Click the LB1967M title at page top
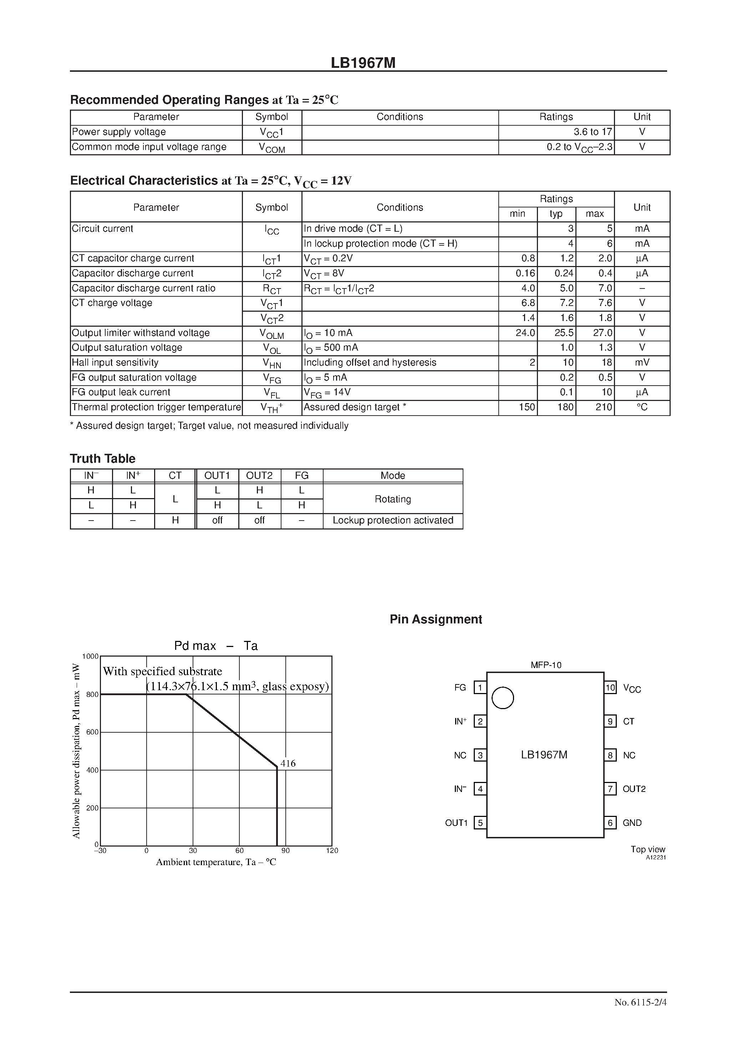tap(363, 63)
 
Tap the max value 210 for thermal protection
tap(604, 407)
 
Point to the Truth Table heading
tap(103, 458)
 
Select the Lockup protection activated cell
tap(393, 520)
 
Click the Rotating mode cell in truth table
tap(393, 499)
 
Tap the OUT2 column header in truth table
tap(259, 476)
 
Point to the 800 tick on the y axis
tap(92, 694)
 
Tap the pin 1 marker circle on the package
tap(503, 698)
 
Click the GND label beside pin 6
tap(632, 823)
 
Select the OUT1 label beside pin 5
tap(456, 823)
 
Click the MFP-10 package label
tap(546, 665)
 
